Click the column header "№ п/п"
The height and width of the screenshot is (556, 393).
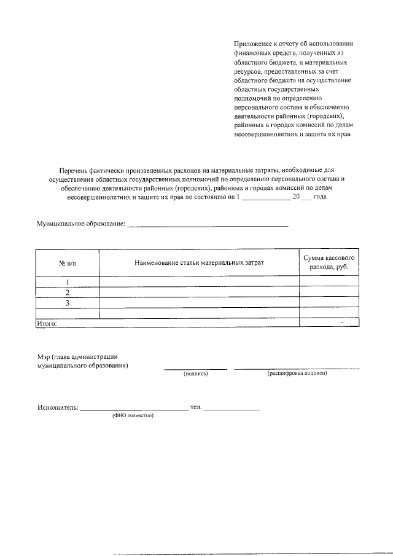(x=67, y=263)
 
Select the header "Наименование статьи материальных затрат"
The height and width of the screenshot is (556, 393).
(x=200, y=263)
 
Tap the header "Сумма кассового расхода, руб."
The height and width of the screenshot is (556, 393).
(x=329, y=263)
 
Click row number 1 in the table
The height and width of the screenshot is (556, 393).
(x=67, y=282)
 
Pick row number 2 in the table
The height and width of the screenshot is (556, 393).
(x=67, y=292)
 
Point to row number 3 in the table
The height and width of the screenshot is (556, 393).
(x=67, y=303)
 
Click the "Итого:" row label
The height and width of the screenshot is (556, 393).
(x=47, y=322)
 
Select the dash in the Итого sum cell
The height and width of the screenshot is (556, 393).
(x=341, y=321)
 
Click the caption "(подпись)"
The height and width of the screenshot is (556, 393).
(x=196, y=374)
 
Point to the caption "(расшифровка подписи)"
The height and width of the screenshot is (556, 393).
(x=297, y=374)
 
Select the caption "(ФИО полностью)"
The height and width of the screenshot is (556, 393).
(x=133, y=415)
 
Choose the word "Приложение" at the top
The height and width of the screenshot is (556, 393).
(x=252, y=44)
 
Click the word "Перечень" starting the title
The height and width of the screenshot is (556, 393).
(x=74, y=169)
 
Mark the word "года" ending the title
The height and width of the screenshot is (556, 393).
(x=320, y=198)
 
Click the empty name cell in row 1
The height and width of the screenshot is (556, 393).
(x=200, y=282)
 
